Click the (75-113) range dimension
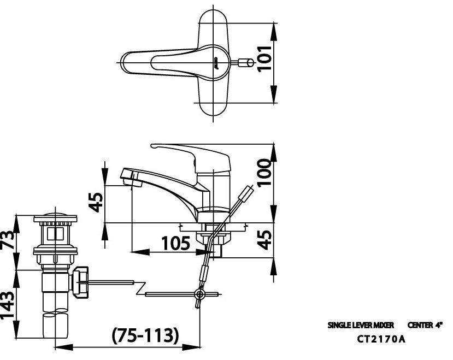(145, 335)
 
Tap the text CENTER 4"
(425, 325)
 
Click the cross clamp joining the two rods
(199, 295)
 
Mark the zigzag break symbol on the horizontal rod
(141, 288)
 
